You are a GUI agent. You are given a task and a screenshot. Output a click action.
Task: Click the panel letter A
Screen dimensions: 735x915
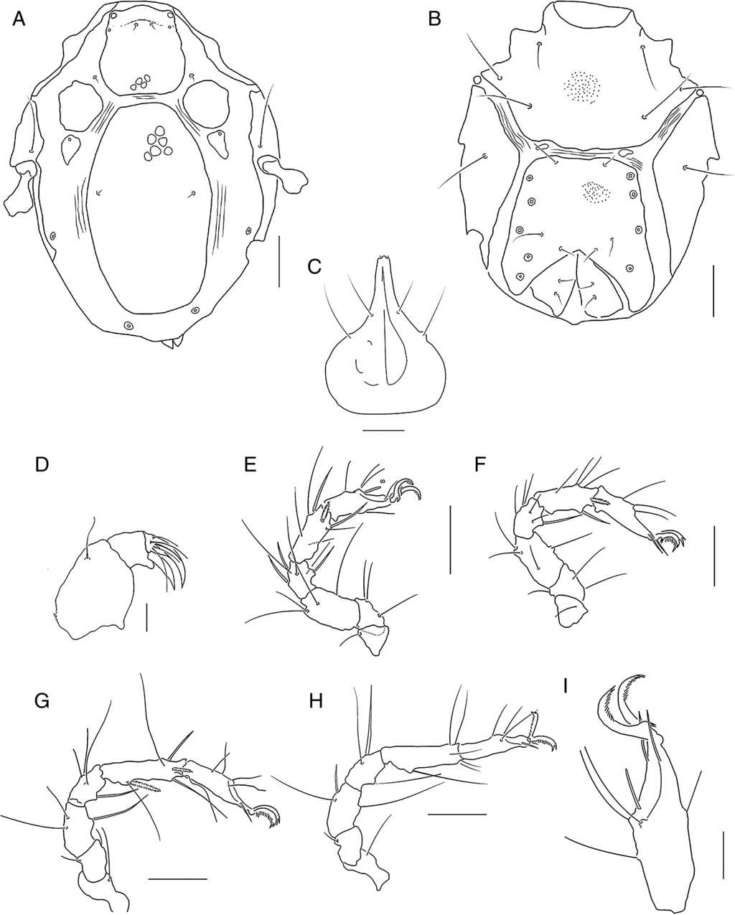click(19, 19)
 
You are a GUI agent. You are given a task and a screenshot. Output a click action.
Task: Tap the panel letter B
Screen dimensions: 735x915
click(435, 19)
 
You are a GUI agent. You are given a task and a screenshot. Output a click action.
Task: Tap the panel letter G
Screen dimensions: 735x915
click(42, 702)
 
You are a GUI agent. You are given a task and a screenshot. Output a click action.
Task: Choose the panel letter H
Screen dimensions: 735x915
click(316, 702)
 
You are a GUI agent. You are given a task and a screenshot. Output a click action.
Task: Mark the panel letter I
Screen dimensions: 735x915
click(565, 686)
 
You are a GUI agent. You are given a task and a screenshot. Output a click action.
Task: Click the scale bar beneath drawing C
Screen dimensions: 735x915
click(384, 431)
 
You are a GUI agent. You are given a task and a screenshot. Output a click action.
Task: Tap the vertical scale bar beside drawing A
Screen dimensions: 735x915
click(279, 262)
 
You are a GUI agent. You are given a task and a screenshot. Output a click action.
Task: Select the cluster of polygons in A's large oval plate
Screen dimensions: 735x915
click(158, 144)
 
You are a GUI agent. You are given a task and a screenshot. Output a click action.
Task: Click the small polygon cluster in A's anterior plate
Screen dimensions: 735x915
click(141, 83)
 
